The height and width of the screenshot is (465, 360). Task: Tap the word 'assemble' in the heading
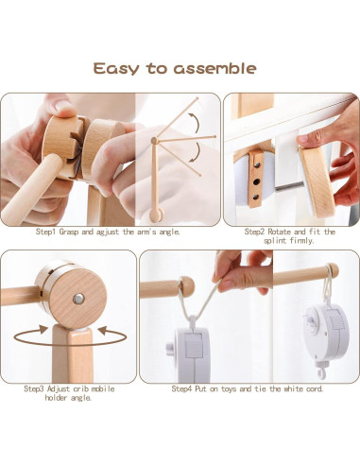coord(215,68)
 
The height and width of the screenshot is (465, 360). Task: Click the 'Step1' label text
coord(46,232)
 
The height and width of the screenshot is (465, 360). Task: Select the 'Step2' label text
coord(255,232)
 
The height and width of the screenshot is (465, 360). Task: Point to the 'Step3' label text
coord(35,388)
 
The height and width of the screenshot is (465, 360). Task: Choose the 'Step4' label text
coord(182,388)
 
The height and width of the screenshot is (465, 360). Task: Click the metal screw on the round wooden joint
coord(78,299)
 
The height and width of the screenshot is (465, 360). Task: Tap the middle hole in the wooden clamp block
coord(257,181)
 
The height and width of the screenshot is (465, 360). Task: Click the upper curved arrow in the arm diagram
coord(195,123)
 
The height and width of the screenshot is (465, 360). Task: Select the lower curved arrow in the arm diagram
coord(196,152)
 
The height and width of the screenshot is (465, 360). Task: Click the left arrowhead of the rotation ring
coord(43,330)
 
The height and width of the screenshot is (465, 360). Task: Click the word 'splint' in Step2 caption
coord(274,241)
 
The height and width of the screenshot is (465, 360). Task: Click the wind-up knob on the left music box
coord(170,349)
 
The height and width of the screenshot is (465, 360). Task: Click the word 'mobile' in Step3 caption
coord(103,388)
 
